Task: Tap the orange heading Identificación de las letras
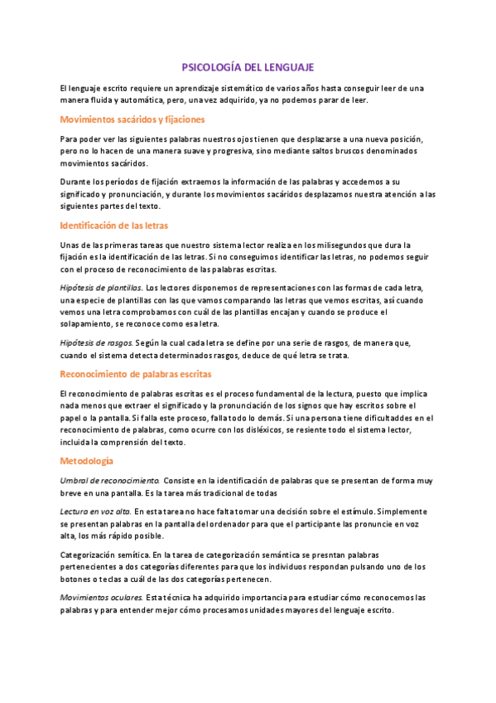tap(115, 225)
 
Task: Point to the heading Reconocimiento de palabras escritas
tap(136, 374)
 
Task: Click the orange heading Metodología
tap(87, 459)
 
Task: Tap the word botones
tap(78, 579)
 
